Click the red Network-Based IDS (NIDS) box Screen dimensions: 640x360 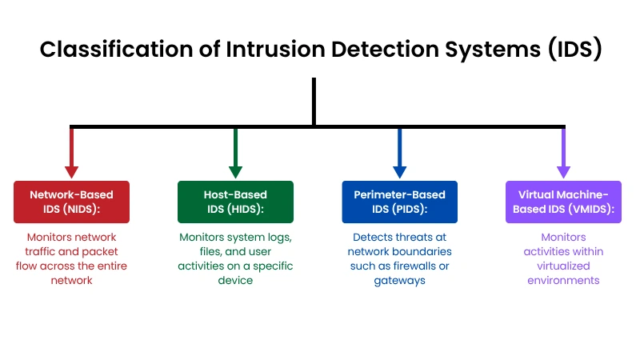[71, 202]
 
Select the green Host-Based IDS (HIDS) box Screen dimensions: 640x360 [235, 202]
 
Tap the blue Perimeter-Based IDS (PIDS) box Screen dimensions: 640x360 [399, 202]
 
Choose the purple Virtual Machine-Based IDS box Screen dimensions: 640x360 [564, 202]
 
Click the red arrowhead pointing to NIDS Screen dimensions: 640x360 [71, 172]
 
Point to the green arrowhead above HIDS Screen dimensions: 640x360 [235, 172]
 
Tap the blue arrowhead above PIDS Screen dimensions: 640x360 [399, 172]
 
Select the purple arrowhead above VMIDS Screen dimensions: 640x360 [564, 172]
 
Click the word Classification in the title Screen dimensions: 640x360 [116, 50]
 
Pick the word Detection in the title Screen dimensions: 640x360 [385, 50]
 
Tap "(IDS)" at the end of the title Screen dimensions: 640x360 [574, 50]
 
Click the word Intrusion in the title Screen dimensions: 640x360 [275, 50]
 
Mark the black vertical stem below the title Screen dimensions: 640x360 [314, 102]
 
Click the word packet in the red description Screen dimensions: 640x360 [100, 252]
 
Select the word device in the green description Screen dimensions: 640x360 [235, 281]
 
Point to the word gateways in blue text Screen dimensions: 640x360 [399, 282]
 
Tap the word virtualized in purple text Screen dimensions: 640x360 [564, 266]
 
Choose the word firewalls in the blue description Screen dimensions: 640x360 [414, 266]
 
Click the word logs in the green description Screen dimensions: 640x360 [279, 238]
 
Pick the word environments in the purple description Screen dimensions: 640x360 [564, 281]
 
